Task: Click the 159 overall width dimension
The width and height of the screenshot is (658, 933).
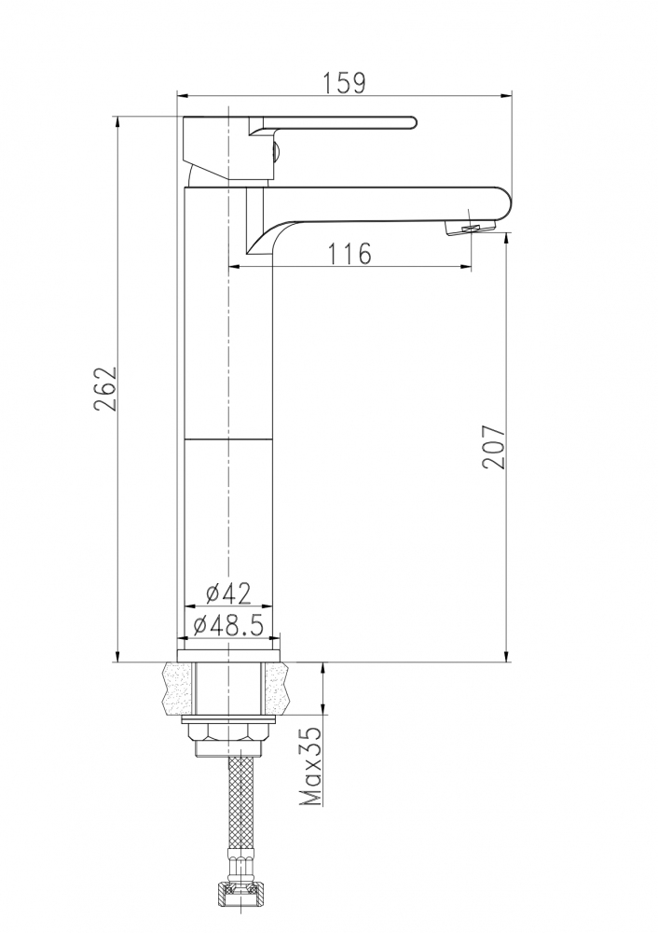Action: [344, 83]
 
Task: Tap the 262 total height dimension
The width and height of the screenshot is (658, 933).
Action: [105, 389]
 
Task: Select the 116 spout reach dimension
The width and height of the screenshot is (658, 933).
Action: [349, 254]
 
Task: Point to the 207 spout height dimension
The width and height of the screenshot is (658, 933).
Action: [493, 447]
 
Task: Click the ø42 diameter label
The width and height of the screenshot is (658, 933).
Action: [229, 593]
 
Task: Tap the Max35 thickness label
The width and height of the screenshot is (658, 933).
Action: [310, 766]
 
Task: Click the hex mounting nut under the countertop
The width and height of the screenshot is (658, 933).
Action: [228, 734]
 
